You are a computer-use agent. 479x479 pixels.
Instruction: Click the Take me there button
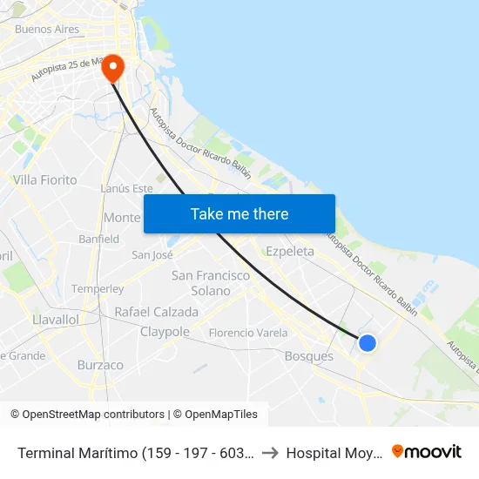tap(239, 214)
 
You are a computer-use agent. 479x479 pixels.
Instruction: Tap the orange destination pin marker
tap(113, 68)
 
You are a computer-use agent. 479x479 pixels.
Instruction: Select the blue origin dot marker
tap(368, 343)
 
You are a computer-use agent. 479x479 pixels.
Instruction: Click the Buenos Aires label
tap(47, 29)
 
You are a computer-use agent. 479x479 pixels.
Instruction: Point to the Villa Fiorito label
tap(45, 180)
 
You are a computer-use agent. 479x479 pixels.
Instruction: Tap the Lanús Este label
tap(126, 188)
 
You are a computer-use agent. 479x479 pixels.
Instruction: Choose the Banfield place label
tap(98, 239)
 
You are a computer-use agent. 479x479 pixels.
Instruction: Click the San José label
tap(152, 255)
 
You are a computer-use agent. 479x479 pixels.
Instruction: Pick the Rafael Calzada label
tap(157, 312)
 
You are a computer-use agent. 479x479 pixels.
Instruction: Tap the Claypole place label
tap(165, 332)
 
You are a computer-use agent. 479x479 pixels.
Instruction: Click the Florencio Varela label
tap(248, 333)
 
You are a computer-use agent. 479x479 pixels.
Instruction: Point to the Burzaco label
tap(100, 365)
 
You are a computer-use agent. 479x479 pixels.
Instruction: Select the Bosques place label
tap(309, 356)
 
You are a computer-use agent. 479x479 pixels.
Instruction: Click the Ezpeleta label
tap(290, 251)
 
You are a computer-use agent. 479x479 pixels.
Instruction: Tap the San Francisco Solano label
tap(211, 283)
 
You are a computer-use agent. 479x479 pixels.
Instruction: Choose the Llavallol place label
tap(56, 320)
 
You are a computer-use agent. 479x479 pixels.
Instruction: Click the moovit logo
tap(427, 451)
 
